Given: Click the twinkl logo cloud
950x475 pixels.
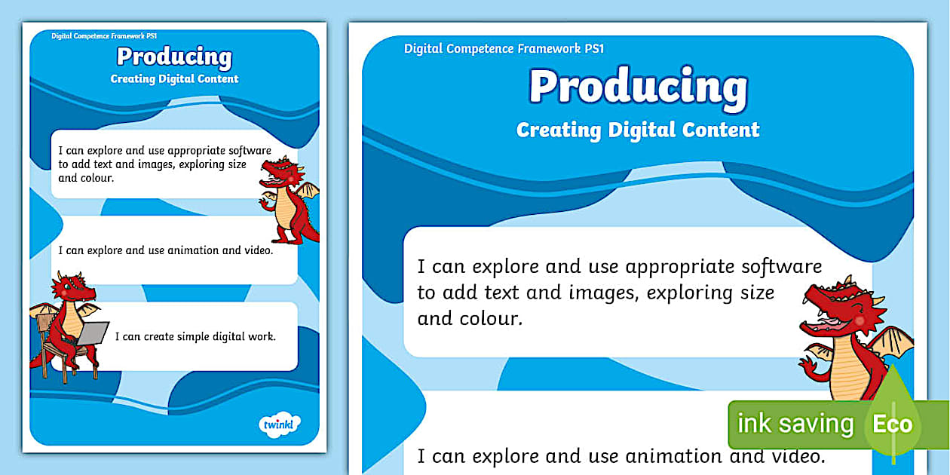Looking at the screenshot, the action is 280,424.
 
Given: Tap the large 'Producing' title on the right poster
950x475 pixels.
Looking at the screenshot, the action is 639,87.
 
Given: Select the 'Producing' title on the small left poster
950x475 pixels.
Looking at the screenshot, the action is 174,57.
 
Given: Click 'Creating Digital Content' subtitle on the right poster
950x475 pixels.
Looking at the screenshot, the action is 638,130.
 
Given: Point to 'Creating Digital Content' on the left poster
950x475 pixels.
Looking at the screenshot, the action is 174,79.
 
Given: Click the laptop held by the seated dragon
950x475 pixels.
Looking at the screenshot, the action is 93,333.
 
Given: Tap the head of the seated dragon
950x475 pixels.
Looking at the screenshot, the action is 72,288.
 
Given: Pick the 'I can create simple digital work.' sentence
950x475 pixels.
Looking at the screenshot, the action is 195,336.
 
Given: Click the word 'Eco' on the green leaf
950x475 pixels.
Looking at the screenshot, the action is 892,424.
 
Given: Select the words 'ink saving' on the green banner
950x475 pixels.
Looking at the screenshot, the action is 795,424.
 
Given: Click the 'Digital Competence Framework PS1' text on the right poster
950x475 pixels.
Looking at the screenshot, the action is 504,49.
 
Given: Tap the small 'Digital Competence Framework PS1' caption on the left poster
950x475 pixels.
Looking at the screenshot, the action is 104,36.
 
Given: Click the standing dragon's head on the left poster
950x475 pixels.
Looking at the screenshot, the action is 283,172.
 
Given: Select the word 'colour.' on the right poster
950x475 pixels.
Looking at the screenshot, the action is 491,319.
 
